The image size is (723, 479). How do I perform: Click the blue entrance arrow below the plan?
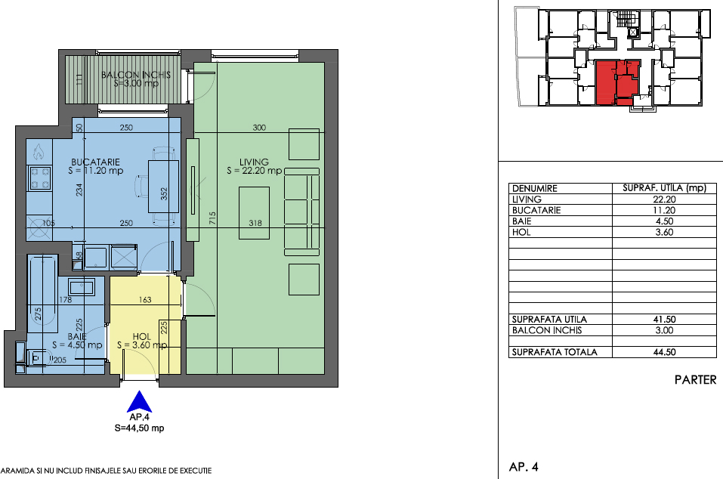[139, 403]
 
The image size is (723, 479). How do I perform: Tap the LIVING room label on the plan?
[254, 162]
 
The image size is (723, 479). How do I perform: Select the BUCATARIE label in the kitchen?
[95, 162]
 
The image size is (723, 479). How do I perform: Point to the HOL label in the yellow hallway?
[141, 336]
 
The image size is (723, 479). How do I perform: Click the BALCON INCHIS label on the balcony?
[136, 75]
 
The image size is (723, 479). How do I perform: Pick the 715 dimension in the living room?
[212, 218]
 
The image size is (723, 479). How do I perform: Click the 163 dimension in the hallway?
[145, 300]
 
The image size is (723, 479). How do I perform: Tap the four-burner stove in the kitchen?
[39, 179]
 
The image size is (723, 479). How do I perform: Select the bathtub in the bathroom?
[42, 294]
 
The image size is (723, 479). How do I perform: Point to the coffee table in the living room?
[254, 213]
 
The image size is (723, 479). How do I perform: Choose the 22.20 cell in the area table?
[664, 199]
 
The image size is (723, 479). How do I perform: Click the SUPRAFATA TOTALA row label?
[555, 352]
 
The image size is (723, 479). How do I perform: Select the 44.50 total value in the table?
[664, 352]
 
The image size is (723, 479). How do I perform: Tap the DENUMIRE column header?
[535, 188]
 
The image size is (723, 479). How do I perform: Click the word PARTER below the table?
[695, 379]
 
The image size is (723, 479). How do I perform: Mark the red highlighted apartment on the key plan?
[617, 82]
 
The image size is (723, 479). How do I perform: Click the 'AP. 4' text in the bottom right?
[524, 467]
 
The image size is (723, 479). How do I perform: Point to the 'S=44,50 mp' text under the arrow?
[139, 428]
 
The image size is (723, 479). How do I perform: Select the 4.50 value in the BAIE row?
[664, 221]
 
